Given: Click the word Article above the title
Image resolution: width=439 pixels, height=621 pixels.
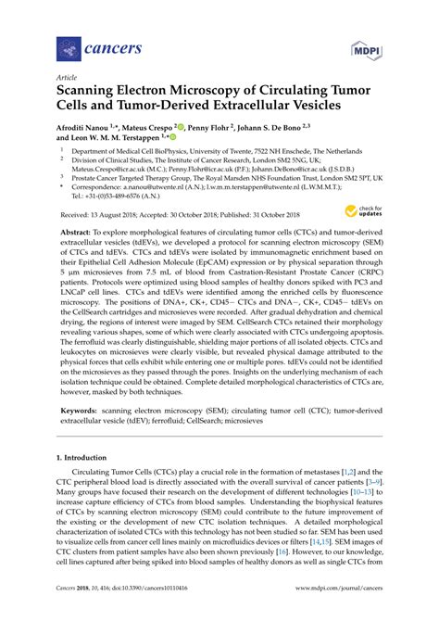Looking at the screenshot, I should pyautogui.click(x=67, y=79).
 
